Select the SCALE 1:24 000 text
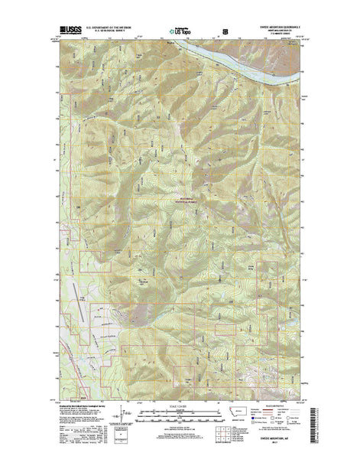tap(180, 403)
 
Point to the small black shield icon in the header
tap(225, 31)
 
